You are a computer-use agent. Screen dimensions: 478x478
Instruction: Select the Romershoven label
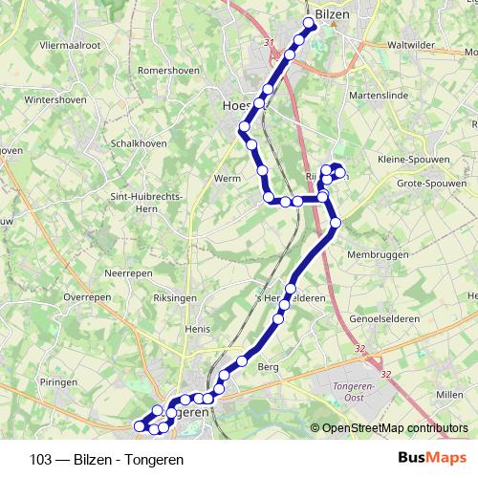pos(167,71)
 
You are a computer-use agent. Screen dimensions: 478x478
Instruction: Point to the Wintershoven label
pos(55,98)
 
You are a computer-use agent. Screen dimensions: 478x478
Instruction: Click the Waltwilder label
pos(406,45)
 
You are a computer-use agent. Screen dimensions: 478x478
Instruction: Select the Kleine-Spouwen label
pos(412,159)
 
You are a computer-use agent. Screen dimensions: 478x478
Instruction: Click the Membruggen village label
pos(384,255)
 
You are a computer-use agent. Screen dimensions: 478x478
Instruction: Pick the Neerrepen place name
pos(129,272)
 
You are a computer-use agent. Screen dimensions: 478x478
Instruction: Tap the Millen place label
pos(449,394)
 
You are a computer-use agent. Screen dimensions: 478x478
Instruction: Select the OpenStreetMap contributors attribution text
pos(395,428)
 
